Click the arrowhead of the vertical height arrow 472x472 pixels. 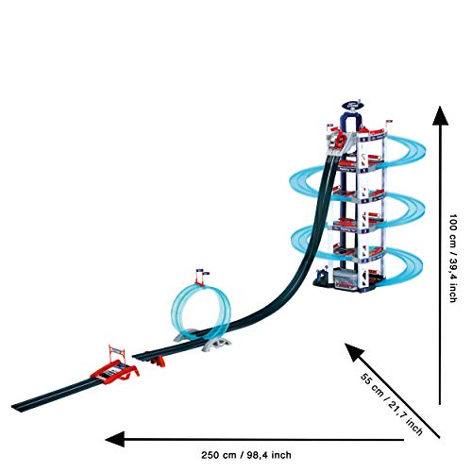440,115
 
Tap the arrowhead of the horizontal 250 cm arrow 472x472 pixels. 115,439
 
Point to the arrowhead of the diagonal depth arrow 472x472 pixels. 353,351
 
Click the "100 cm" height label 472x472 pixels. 452,231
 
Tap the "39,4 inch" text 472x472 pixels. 452,280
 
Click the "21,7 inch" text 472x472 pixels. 406,418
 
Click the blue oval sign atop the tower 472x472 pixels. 352,105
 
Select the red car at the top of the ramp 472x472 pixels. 340,140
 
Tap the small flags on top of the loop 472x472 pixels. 202,273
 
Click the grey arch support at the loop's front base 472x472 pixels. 217,343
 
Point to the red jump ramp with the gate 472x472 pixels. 115,371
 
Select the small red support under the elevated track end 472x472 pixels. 158,362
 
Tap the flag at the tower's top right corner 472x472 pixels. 389,122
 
